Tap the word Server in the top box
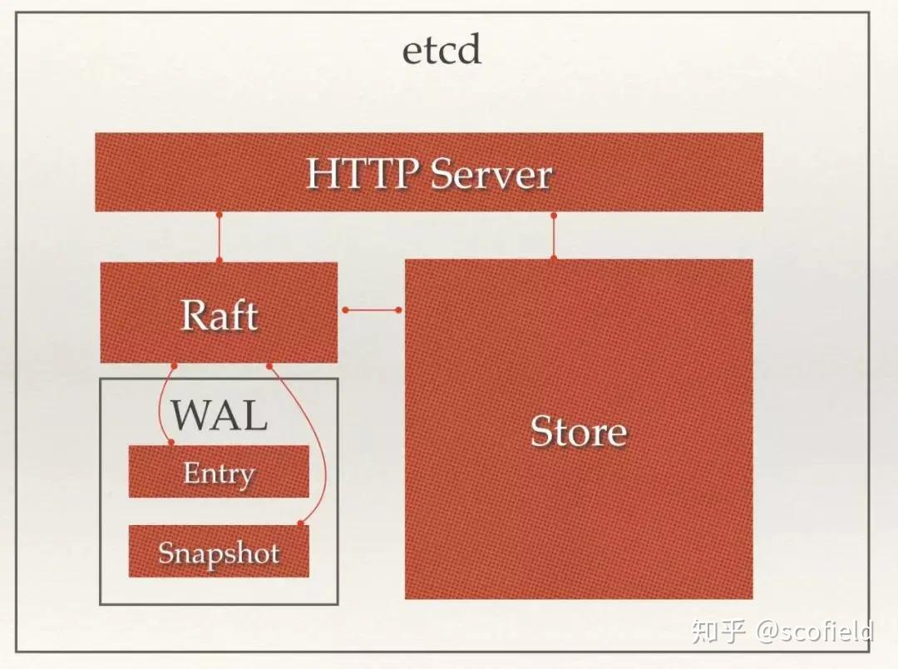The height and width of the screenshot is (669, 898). [x=491, y=174]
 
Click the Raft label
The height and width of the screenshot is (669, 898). [x=220, y=315]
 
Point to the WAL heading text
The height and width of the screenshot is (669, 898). [x=219, y=413]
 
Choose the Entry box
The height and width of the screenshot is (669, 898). [x=219, y=472]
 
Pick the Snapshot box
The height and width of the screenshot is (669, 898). [x=219, y=552]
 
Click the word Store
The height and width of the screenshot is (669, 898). [x=579, y=431]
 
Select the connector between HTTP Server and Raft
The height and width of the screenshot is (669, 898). [x=220, y=237]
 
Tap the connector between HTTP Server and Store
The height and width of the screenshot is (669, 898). [x=554, y=236]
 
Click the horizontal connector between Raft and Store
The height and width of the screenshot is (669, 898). [x=372, y=310]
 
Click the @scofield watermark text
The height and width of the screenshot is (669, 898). [x=815, y=631]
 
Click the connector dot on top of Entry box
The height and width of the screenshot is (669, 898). [x=172, y=443]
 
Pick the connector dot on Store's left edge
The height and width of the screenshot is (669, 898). [x=399, y=310]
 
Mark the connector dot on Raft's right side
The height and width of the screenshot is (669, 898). [x=344, y=310]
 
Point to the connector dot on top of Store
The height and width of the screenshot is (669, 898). [x=554, y=258]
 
